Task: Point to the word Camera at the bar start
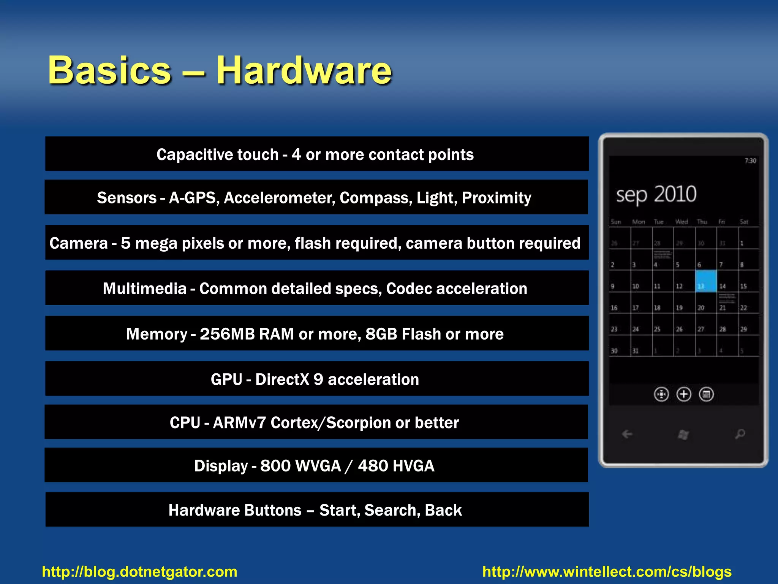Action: coord(79,243)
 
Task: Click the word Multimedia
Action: coord(144,289)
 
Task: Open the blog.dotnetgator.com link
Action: coord(139,572)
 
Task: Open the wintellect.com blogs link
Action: coord(607,572)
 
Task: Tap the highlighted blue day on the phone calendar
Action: coord(706,281)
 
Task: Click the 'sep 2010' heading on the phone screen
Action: coord(656,194)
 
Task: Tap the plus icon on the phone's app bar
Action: coord(684,394)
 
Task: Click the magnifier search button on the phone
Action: coord(740,434)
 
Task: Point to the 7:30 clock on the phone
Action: coord(750,161)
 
